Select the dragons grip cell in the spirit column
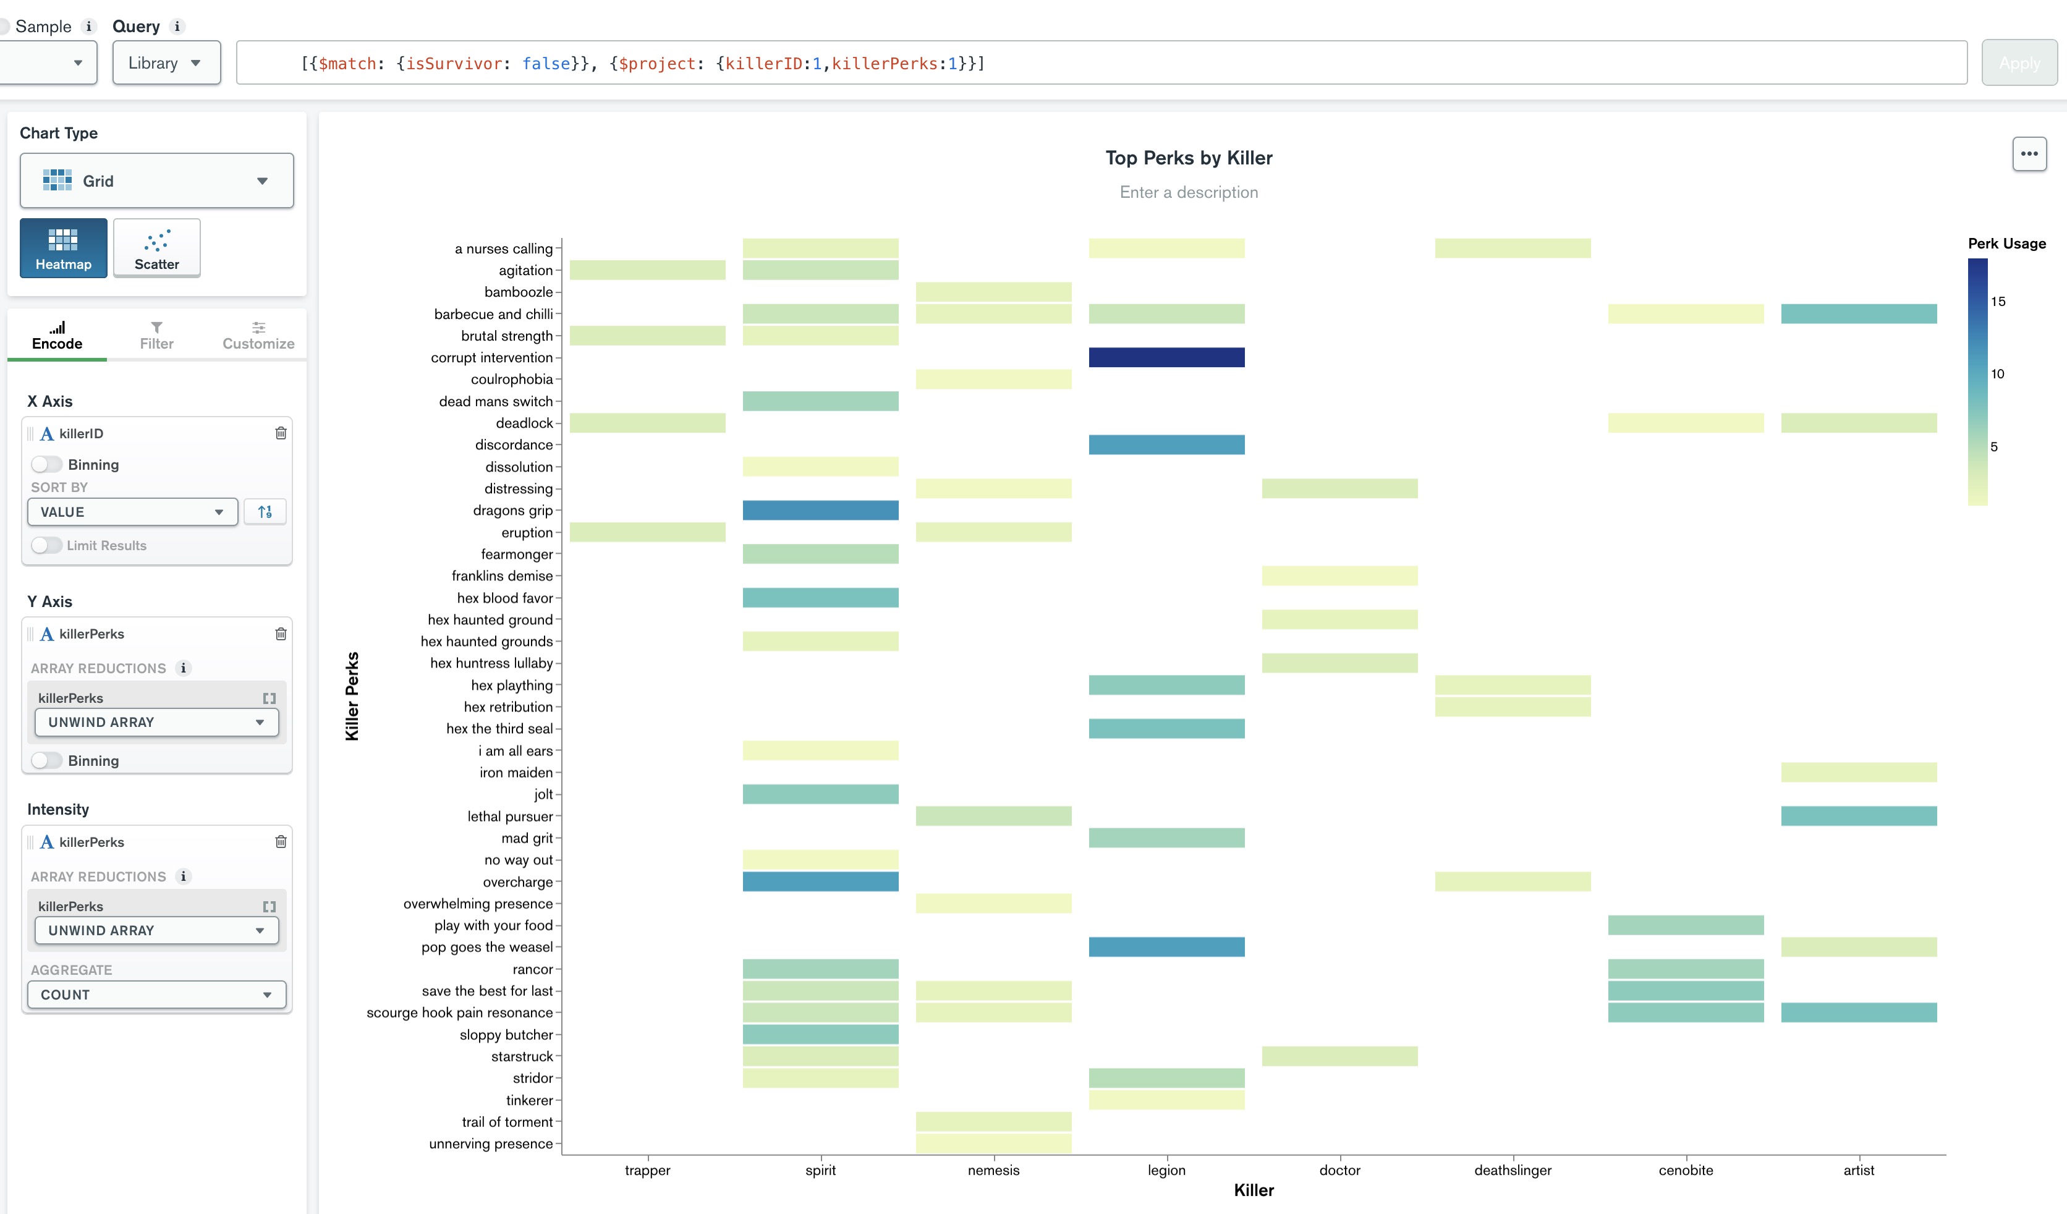[820, 510]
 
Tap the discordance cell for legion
[1166, 444]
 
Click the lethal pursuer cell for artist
[1859, 815]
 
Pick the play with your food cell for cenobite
[1686, 925]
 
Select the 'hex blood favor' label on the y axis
[504, 598]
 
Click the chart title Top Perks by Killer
[1189, 158]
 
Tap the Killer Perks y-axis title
[352, 697]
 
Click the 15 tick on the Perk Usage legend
[1998, 302]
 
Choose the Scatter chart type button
[156, 248]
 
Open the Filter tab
[156, 336]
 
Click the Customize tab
[258, 336]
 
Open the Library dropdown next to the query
[166, 63]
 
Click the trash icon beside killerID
[281, 433]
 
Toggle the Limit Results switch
[47, 545]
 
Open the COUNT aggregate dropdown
[156, 994]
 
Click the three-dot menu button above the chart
[2029, 153]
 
